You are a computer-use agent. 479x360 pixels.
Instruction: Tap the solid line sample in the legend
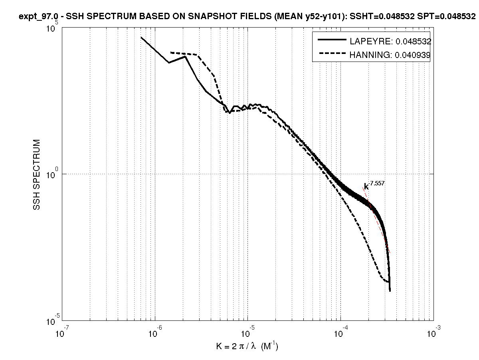(331, 40)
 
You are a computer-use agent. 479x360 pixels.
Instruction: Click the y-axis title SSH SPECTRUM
(37, 175)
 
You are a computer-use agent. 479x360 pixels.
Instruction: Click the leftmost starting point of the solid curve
(141, 37)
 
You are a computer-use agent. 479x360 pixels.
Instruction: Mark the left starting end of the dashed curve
(170, 52)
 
